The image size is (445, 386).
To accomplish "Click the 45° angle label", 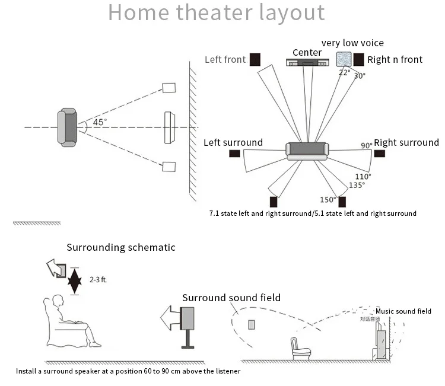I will pyautogui.click(x=98, y=122).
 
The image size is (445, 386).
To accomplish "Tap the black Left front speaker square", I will pyautogui.click(x=255, y=59).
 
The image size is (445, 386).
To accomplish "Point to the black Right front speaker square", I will pyautogui.click(x=358, y=59).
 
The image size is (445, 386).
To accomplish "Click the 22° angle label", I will pyautogui.click(x=344, y=72).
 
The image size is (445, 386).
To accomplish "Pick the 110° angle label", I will pyautogui.click(x=363, y=176).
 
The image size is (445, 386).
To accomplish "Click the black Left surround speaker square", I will pyautogui.click(x=234, y=154).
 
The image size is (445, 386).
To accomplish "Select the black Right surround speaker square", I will pyautogui.click(x=379, y=154).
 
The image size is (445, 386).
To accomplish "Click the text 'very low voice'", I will pyautogui.click(x=352, y=43).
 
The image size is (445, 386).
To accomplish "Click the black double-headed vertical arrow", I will pyautogui.click(x=74, y=280).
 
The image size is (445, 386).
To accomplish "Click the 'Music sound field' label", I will pyautogui.click(x=403, y=311).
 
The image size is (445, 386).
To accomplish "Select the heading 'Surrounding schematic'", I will pyautogui.click(x=121, y=247).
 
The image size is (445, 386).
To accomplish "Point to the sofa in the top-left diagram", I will pyautogui.click(x=67, y=127).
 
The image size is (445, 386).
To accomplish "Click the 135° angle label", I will pyautogui.click(x=357, y=185).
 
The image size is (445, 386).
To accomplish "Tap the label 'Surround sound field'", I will pyautogui.click(x=231, y=298).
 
